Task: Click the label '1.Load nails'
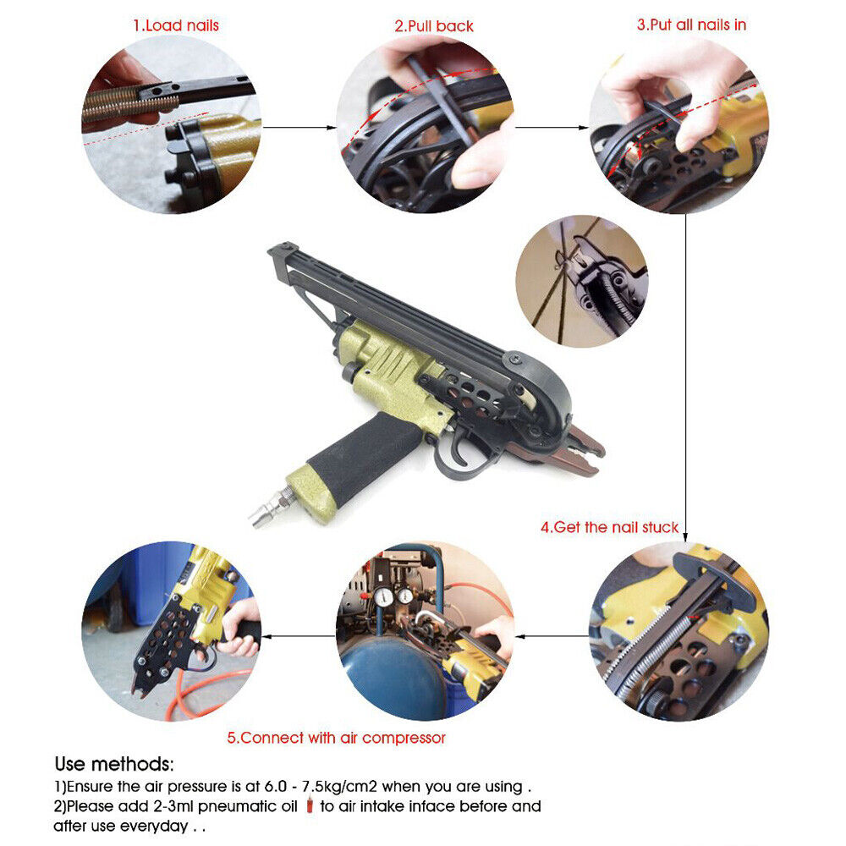click(175, 25)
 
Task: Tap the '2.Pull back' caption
click(434, 25)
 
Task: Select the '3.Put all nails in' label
click(691, 25)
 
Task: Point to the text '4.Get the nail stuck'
click(609, 527)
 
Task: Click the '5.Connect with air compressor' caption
click(336, 738)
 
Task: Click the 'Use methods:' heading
click(114, 765)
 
